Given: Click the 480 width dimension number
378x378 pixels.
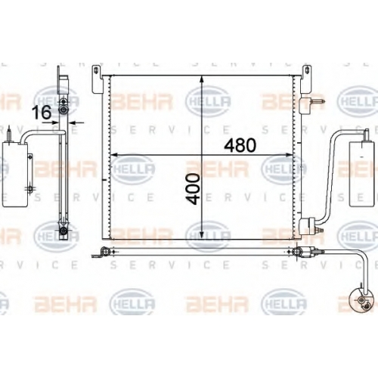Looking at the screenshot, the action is click(240, 145).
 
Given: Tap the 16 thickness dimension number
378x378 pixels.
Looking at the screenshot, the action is click(42, 113).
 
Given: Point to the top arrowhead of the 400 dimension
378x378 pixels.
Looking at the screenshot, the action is click(201, 79).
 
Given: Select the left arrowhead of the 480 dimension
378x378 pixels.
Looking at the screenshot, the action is click(115, 155).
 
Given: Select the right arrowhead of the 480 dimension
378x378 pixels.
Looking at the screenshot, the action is click(290, 155).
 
